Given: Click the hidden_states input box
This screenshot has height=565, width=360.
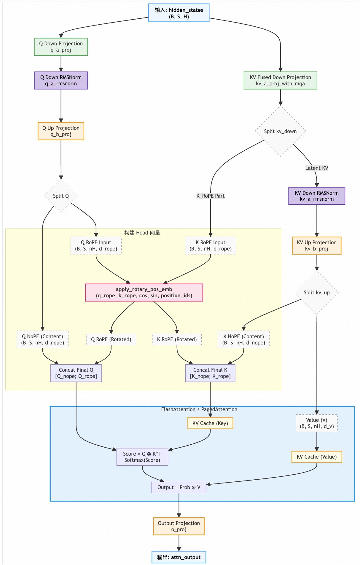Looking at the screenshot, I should coord(179,13).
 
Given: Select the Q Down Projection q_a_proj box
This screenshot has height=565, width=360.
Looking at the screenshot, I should coord(61,47).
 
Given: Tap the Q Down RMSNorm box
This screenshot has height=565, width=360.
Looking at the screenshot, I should coord(61,80).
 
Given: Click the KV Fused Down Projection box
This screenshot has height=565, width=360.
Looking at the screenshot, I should coord(280,80).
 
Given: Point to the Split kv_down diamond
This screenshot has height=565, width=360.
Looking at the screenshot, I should coord(280,131).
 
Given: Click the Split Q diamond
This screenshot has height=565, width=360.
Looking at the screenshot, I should coord(61,196).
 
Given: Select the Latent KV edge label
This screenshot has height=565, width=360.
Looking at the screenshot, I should coord(317,168).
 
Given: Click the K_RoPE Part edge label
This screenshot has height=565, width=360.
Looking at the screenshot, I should coord(211,196).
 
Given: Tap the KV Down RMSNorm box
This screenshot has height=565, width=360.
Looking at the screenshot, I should coord(317,196).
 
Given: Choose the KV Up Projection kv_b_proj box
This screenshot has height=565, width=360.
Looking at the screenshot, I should coord(317,245).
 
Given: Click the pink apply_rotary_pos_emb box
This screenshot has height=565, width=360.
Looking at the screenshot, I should coord(144,293).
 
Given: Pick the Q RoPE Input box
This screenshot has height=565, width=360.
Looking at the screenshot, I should coord(96,245).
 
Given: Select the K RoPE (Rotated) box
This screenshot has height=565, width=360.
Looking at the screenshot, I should coord(177,339).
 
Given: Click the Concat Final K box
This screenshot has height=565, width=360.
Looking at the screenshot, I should coord(210,373).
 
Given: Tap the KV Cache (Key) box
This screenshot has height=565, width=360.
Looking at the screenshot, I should coord(210,423).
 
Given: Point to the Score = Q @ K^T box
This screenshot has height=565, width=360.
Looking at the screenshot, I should coord(142,457).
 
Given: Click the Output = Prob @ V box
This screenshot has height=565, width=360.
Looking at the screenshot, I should coord(179,487).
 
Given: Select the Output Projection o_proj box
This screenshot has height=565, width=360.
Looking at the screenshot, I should coord(179,526).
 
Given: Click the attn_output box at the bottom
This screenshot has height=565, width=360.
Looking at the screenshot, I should coord(179,557).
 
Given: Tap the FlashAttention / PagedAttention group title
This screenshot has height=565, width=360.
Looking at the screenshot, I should coord(199,409).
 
